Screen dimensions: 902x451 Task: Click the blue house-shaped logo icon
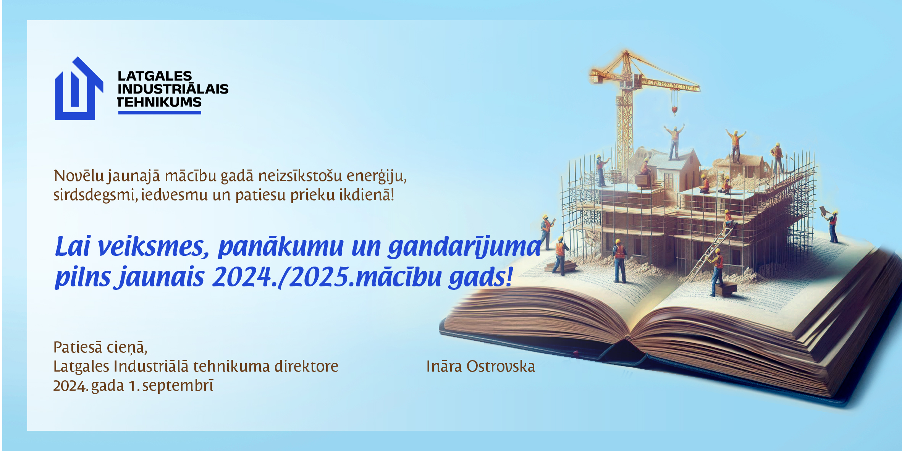79,89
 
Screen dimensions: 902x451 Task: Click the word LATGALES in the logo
155,76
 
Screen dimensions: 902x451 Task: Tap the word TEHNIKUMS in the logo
159,102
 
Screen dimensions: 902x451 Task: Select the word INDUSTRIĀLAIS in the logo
173,89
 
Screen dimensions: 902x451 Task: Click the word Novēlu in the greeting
79,176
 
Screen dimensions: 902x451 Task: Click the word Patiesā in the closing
78,347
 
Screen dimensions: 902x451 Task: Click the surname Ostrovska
501,366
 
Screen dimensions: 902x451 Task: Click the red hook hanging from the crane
674,111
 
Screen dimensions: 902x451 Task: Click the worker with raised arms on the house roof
674,141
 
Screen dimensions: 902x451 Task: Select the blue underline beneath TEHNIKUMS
160,112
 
